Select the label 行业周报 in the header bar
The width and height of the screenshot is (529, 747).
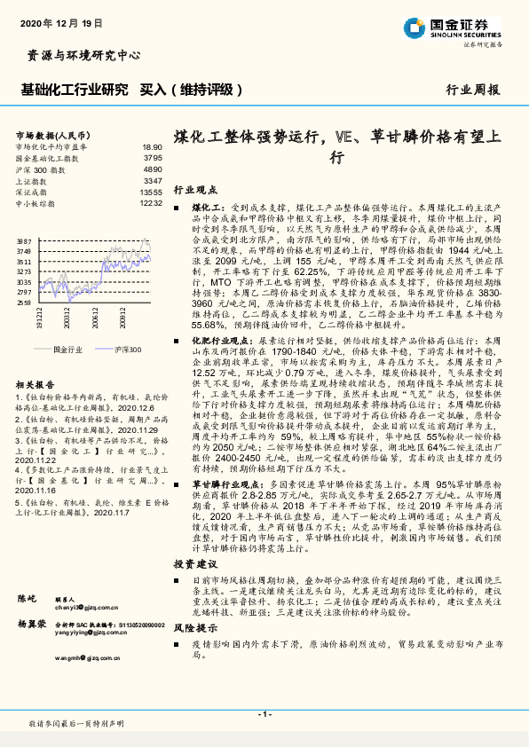[x=472, y=90]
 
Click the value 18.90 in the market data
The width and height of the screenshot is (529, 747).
[x=152, y=146]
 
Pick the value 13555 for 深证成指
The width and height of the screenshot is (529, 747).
[x=151, y=192]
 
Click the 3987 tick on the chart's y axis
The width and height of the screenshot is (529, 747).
[x=24, y=241]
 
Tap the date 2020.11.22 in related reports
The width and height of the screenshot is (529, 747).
[x=34, y=487]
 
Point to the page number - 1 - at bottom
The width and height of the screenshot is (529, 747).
[x=264, y=714]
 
